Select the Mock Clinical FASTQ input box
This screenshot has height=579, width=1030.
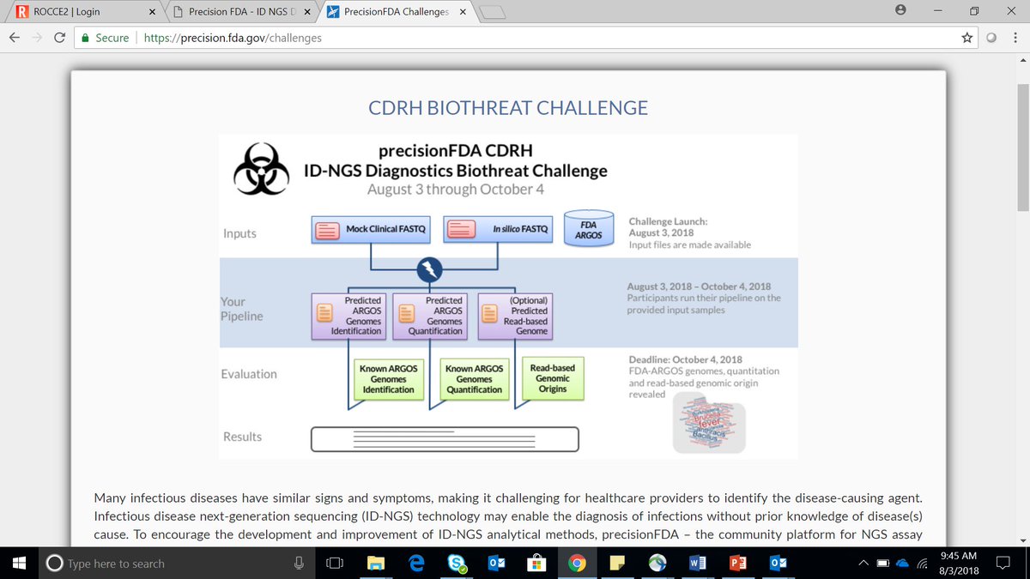pos(370,230)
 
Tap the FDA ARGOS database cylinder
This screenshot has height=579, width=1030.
pos(589,229)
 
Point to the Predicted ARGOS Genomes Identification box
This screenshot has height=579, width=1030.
pos(348,316)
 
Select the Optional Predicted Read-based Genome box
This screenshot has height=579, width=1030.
pos(515,316)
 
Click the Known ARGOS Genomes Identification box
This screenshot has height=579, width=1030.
pos(388,379)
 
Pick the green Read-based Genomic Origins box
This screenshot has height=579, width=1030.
pos(552,378)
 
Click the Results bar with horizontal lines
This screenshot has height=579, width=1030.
pos(445,439)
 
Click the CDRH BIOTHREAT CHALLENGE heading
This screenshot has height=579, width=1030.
pos(508,108)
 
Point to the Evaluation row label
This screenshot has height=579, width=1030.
pos(249,374)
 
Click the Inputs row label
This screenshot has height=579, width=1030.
pos(239,233)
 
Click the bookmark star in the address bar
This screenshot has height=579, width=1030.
pos(967,38)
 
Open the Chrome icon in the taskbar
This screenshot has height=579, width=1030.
pos(577,564)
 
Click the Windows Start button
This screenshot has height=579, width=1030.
pos(19,564)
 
